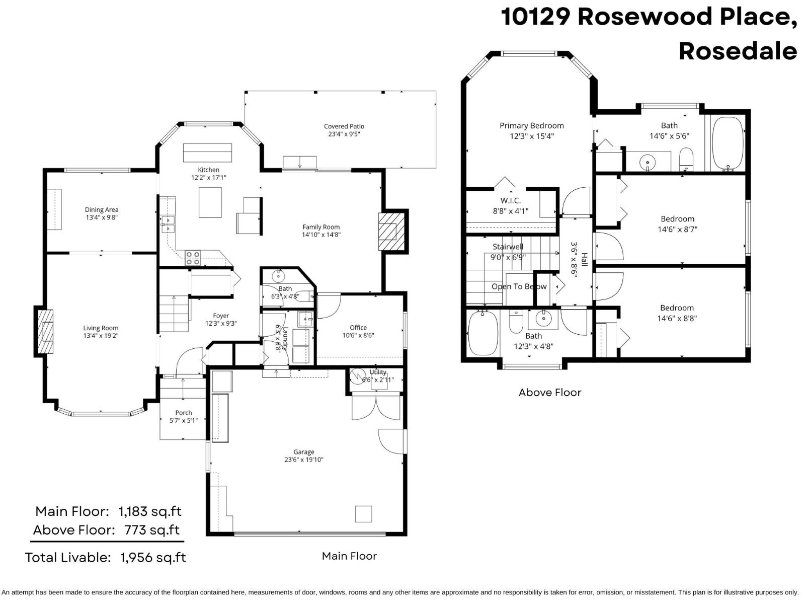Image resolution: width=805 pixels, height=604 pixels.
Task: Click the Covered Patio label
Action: tap(344, 126)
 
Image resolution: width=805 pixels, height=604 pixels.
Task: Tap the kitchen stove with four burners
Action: tap(193, 258)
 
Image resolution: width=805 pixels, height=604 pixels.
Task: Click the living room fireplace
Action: tap(46, 331)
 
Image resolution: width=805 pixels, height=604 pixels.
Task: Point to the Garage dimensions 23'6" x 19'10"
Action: tap(304, 460)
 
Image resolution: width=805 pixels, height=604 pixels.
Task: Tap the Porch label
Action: tap(184, 413)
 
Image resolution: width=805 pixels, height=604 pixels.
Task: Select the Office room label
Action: tap(358, 328)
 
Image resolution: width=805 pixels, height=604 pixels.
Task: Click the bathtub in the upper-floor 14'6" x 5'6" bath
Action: tap(728, 144)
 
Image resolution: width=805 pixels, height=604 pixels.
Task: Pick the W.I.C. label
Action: tap(511, 201)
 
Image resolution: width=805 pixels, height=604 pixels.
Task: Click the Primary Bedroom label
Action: tap(532, 126)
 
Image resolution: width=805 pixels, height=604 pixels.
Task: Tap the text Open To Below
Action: tap(519, 286)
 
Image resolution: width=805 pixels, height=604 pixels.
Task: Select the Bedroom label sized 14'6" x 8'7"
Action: tap(677, 219)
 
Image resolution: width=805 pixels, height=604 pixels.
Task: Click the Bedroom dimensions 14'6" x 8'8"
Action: tap(677, 318)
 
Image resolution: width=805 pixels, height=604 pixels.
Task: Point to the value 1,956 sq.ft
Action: tap(153, 557)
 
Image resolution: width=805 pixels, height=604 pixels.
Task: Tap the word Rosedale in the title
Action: tap(738, 51)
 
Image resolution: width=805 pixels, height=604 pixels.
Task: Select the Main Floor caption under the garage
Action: tap(349, 556)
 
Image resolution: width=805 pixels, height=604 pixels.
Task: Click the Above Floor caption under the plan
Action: tap(550, 393)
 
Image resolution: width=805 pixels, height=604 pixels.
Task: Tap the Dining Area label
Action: tap(102, 210)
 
